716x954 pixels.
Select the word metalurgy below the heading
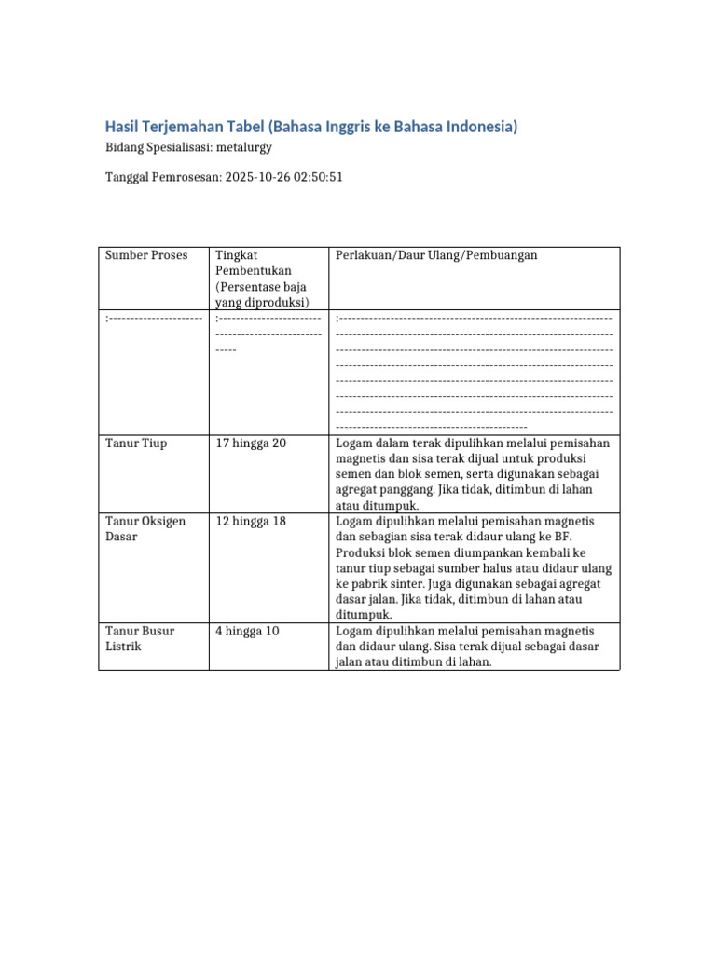(x=243, y=147)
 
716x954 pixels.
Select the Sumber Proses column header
(x=146, y=255)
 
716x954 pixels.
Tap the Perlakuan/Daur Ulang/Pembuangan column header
(x=435, y=255)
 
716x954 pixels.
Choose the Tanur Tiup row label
(x=136, y=443)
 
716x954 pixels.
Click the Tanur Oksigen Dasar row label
(x=145, y=529)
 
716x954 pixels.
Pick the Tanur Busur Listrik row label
(x=140, y=638)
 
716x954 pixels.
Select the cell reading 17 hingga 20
(x=251, y=443)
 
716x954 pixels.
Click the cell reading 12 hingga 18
(x=251, y=521)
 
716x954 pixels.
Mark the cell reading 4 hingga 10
(x=247, y=631)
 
